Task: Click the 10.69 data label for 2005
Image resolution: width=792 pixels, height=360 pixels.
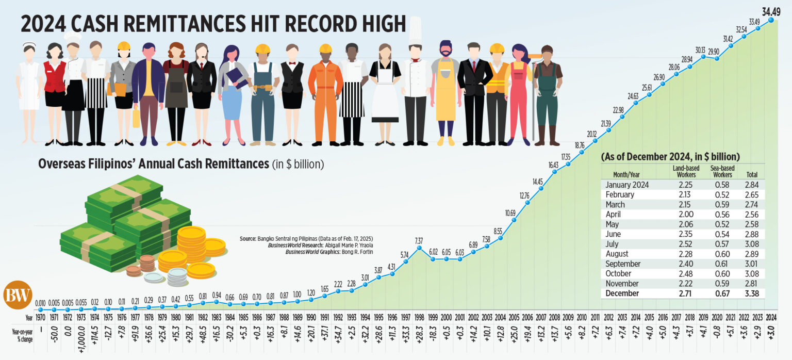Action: pos(511,212)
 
